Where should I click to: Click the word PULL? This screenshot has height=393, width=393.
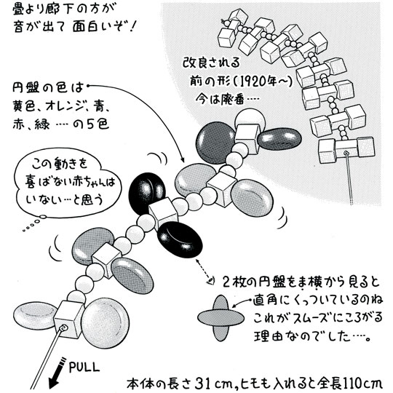pyautogui.click(x=84, y=368)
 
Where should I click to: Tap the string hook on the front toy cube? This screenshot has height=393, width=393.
pyautogui.click(x=63, y=328)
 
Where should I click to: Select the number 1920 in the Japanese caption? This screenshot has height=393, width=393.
pyautogui.click(x=259, y=82)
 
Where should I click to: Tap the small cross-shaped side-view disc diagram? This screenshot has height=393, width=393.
pyautogui.click(x=221, y=317)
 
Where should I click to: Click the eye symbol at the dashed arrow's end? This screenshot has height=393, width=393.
pyautogui.click(x=211, y=282)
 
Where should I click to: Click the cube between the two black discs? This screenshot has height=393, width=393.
pyautogui.click(x=163, y=213)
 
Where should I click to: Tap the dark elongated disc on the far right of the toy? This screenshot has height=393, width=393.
pyautogui.click(x=279, y=139)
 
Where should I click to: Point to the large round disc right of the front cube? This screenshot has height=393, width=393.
pyautogui.click(x=106, y=323)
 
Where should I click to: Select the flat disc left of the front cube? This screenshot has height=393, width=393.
pyautogui.click(x=35, y=316)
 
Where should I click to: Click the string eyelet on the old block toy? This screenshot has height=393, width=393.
pyautogui.click(x=346, y=153)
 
